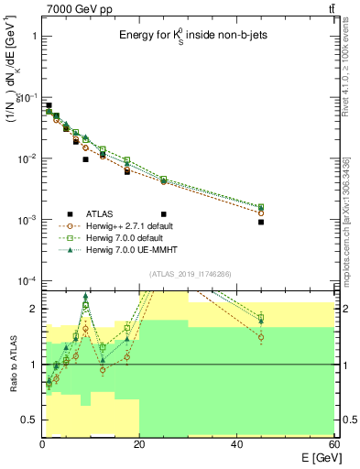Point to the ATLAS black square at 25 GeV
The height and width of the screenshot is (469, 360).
tap(164, 188)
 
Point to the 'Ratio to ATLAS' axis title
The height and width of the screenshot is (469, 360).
tap(13, 364)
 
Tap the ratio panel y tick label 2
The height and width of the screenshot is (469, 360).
tap(31, 309)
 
